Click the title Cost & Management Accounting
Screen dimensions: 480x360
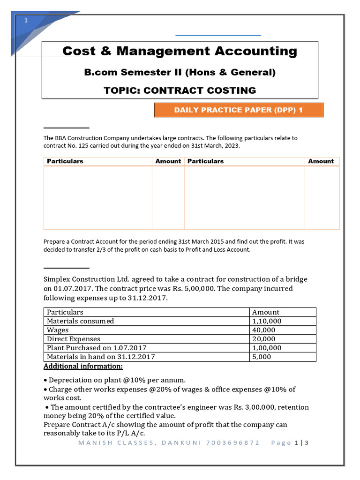(180, 51)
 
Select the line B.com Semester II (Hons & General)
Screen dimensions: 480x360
(180, 72)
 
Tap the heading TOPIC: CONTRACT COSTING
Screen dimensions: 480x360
(180, 90)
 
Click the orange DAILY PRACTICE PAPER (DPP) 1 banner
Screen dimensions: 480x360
(239, 110)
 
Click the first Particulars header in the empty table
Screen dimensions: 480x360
(65, 161)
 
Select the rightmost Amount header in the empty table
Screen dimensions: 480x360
(321, 161)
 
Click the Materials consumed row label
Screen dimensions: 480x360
(80, 321)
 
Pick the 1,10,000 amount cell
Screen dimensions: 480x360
(267, 321)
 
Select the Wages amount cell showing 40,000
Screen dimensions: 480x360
(264, 330)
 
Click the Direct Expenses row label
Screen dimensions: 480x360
(74, 339)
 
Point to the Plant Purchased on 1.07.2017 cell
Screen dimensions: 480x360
(97, 348)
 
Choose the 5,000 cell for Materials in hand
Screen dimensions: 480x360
(262, 357)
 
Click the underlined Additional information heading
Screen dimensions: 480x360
(83, 366)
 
